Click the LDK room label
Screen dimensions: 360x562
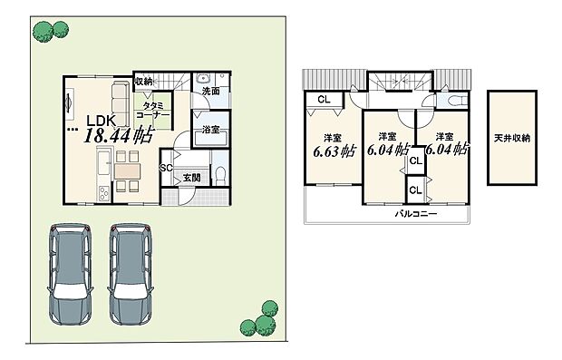102,120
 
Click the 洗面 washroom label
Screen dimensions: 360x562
210,92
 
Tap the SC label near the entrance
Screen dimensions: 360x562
167,169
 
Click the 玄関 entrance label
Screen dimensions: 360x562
191,178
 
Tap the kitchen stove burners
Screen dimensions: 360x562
102,192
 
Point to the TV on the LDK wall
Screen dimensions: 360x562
68,106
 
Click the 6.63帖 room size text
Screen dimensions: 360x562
329,151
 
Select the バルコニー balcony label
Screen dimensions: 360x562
415,214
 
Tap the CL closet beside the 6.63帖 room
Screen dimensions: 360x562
323,101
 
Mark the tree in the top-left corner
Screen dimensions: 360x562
43,32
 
